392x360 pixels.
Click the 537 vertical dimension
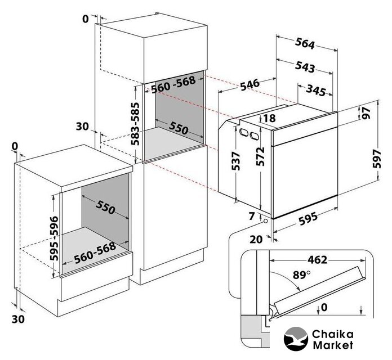237,162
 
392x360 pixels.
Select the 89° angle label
301,275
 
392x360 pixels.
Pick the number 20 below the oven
256,238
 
